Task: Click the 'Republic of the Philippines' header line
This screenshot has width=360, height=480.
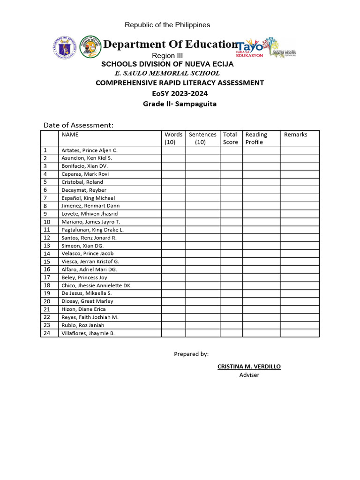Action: (x=167, y=25)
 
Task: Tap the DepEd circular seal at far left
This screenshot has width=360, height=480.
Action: (x=64, y=46)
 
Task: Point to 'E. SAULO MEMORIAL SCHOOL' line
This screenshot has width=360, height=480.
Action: (x=167, y=73)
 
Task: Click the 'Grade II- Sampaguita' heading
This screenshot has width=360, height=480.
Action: (x=180, y=104)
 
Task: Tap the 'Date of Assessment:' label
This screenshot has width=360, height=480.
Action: (x=79, y=125)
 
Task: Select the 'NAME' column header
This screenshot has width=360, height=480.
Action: (x=70, y=135)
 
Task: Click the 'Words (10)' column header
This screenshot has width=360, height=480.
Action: (x=173, y=138)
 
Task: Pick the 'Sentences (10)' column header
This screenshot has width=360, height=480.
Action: (x=202, y=138)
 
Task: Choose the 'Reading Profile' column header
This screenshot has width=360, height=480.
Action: (x=256, y=138)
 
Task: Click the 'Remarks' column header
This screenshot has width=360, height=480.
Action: (x=296, y=135)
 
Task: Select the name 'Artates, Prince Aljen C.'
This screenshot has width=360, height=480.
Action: (x=90, y=150)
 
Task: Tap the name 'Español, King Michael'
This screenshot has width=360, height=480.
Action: (x=88, y=198)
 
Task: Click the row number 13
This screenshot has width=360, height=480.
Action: (x=47, y=246)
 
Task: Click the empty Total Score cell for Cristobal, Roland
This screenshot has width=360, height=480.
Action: (x=231, y=182)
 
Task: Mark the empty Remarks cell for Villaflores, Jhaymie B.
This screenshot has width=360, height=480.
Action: (x=300, y=333)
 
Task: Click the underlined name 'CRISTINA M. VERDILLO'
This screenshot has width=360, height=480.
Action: (x=249, y=367)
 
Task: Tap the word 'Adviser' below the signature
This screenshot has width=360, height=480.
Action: (x=249, y=375)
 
